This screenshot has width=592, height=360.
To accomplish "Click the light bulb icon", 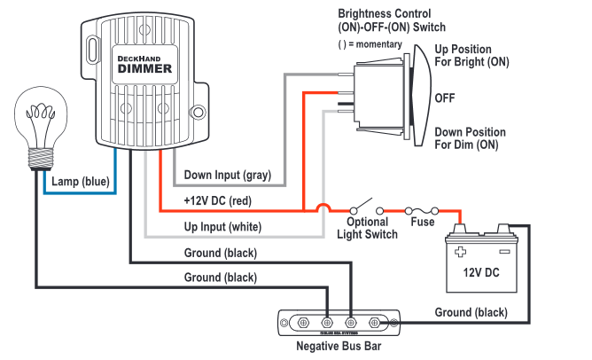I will click(35, 128).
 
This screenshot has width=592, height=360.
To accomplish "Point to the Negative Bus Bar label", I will click(339, 347).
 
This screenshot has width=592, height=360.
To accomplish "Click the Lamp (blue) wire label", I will click(80, 182).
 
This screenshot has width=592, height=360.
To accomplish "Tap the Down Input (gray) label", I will click(227, 175).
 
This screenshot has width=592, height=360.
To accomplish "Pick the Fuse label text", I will click(423, 222).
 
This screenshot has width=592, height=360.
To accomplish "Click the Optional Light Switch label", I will click(367, 228).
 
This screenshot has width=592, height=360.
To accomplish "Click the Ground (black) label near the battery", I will click(471, 312).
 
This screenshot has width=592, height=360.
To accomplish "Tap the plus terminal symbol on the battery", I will click(461, 251).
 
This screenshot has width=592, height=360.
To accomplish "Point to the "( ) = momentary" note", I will click(370, 44).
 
